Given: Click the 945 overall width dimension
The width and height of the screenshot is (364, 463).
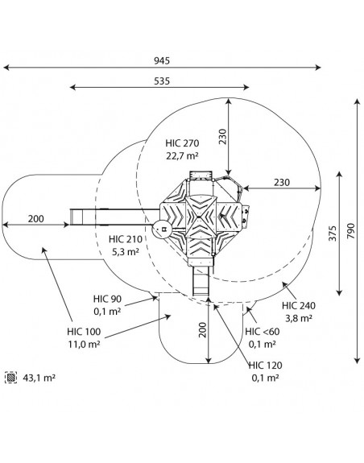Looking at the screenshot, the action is [162, 61].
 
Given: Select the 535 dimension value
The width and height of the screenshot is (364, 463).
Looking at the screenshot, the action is [162, 81].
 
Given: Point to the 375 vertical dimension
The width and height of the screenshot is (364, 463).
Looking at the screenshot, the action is [333, 234].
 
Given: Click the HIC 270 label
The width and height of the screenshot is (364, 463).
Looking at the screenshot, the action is [182, 143].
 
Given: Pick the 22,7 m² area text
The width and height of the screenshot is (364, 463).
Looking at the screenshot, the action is [182, 155].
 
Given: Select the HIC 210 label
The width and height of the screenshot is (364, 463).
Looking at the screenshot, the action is [126, 239].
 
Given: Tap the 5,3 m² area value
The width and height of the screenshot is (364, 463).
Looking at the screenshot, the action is [126, 252].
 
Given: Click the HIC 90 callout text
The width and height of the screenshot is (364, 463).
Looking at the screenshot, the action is [107, 299].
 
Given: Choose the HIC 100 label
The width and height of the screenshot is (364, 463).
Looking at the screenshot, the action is [84, 332].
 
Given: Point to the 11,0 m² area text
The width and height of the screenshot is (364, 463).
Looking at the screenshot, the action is [84, 345].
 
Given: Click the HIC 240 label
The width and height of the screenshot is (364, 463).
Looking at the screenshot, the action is [299, 306].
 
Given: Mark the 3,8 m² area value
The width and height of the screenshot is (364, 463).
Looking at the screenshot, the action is [299, 318].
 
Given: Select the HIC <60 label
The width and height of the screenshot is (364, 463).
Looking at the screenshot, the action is [263, 332].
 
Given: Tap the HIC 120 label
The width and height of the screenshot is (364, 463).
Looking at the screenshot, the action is [266, 366].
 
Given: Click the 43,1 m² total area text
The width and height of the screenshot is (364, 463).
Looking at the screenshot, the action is [39, 378].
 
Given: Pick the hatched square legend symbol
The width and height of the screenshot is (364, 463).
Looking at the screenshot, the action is [11, 378].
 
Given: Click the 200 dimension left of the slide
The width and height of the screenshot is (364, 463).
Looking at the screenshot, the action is [36, 219].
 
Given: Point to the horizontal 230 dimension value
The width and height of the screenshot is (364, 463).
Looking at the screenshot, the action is [282, 183].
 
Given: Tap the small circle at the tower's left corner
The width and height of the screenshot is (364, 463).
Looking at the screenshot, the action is [163, 229].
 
